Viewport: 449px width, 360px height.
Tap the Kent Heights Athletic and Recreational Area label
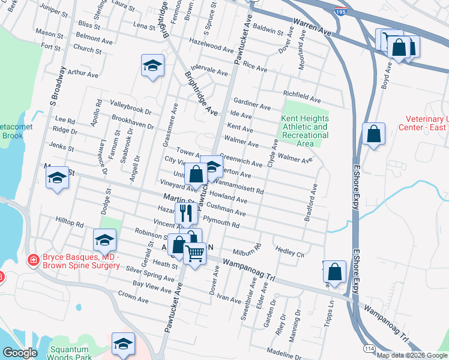coord(305,131)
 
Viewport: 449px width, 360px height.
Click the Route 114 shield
coord(367,348)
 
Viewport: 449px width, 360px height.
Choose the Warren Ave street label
coord(312,26)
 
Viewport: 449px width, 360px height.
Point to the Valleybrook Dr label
coord(131,110)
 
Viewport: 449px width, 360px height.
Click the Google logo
coord(20,353)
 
